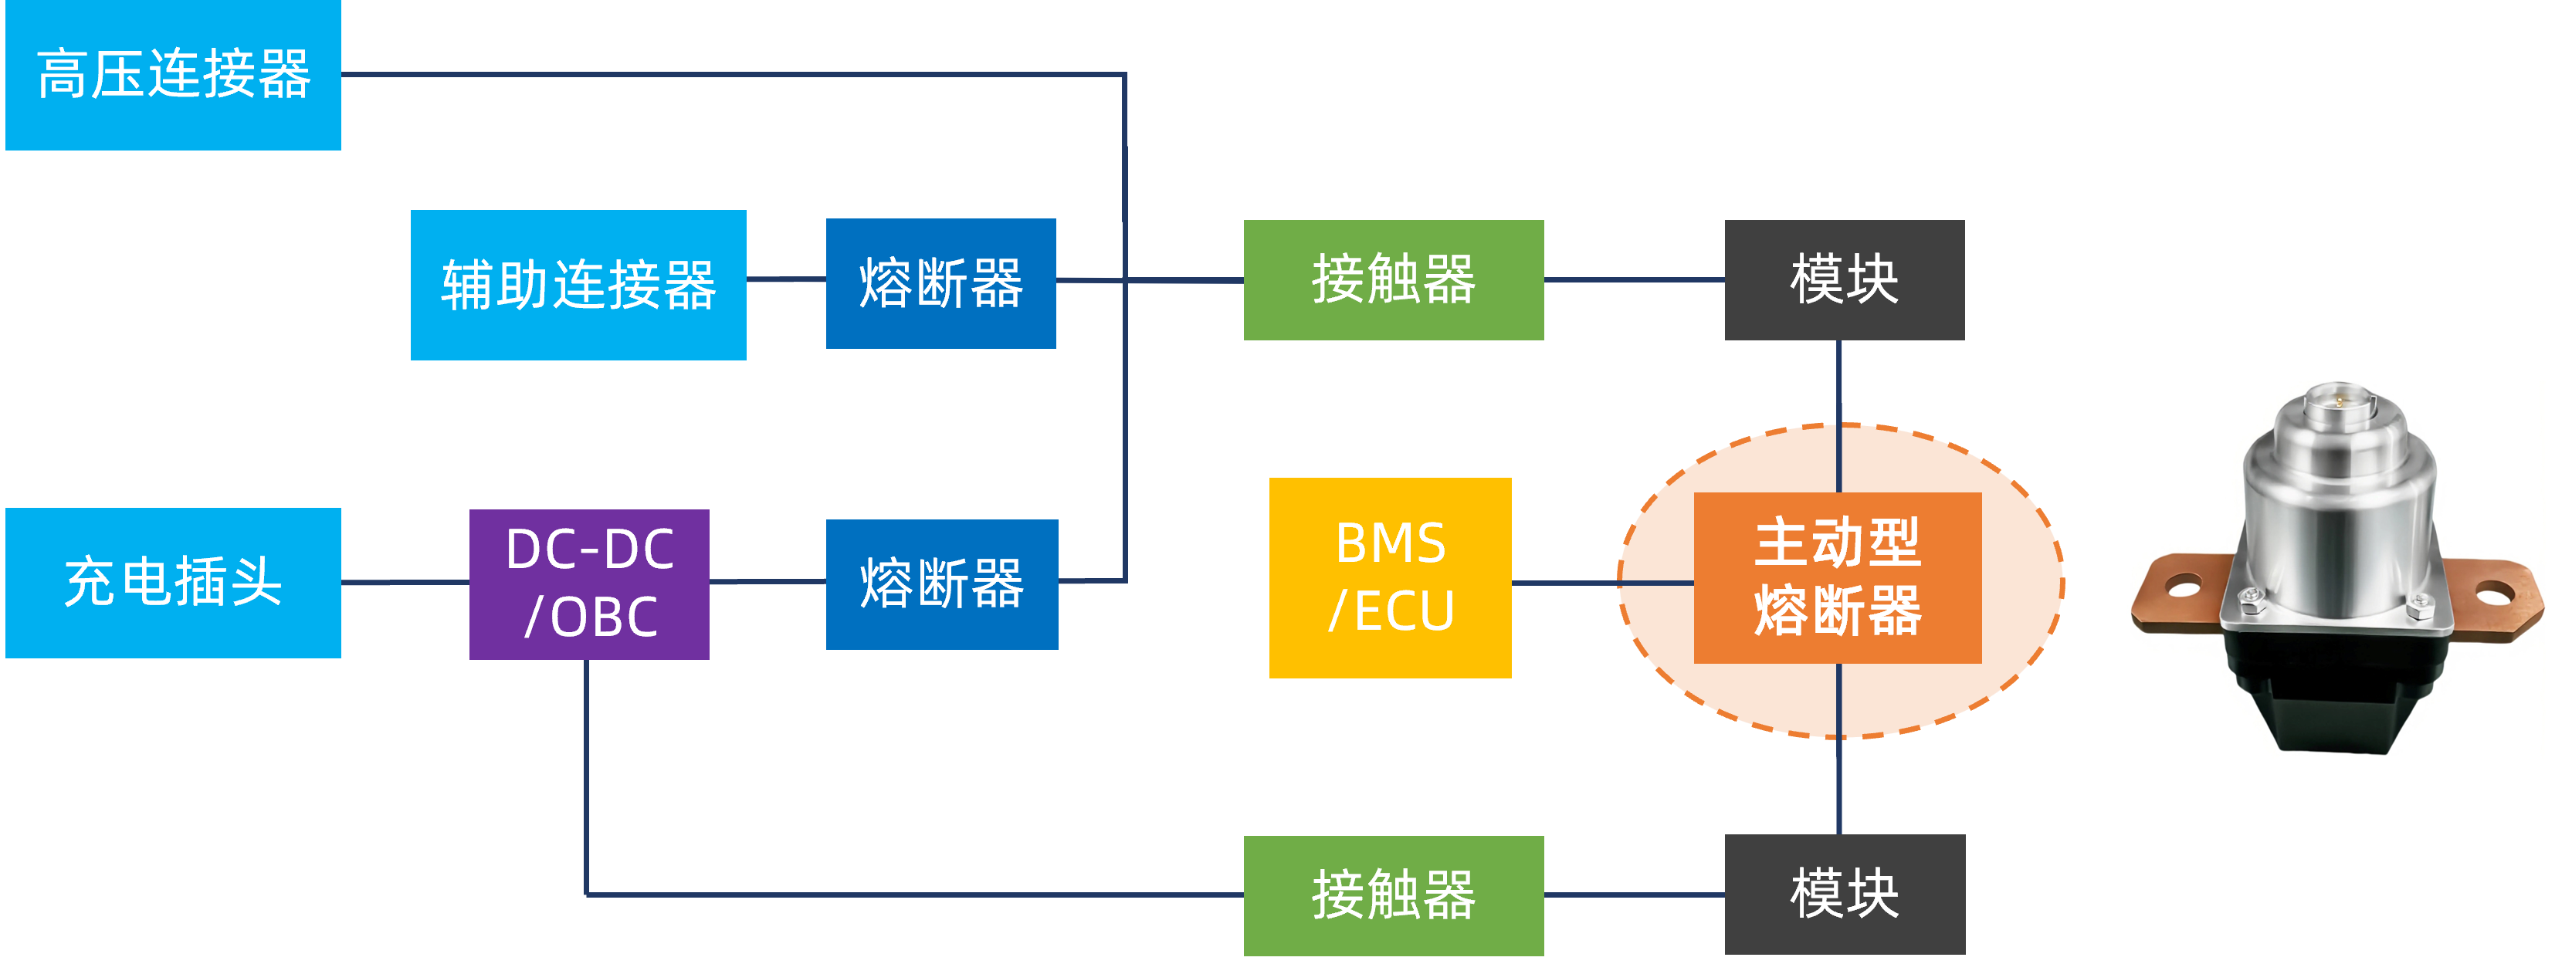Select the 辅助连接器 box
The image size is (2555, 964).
pyautogui.click(x=578, y=285)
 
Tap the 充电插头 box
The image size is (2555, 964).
pyautogui.click(x=173, y=582)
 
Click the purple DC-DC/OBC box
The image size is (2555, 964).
pyautogui.click(x=589, y=583)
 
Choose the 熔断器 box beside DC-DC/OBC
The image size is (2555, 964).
pyautogui.click(x=941, y=583)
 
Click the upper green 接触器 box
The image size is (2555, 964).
pyautogui.click(x=1393, y=279)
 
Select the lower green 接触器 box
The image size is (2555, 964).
pyautogui.click(x=1393, y=895)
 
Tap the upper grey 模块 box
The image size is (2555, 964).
pyautogui.click(x=1844, y=279)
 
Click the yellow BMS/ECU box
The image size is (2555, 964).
pyautogui.click(x=1390, y=577)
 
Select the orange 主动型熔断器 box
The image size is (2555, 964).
pyautogui.click(x=1837, y=577)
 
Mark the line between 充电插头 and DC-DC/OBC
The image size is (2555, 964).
pyautogui.click(x=405, y=582)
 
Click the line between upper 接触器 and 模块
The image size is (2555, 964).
pyautogui.click(x=1634, y=279)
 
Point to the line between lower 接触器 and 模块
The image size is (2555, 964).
pyautogui.click(x=1634, y=895)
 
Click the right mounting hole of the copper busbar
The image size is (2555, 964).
pyautogui.click(x=2492, y=595)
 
